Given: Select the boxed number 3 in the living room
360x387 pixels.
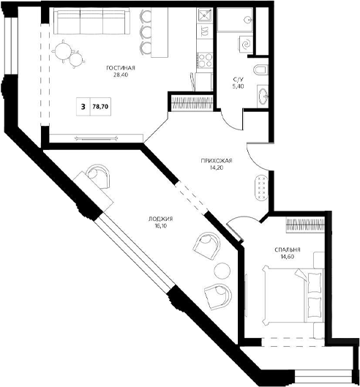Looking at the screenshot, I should [x=83, y=106].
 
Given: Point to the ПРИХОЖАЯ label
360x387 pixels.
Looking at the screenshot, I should [x=217, y=161].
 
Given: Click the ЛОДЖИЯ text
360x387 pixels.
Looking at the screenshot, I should [x=160, y=219].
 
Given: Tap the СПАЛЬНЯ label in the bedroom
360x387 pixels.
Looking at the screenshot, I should [x=288, y=249].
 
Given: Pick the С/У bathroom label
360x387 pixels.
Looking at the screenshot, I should [x=239, y=78].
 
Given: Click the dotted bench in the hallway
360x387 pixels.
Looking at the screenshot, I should [x=260, y=187].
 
